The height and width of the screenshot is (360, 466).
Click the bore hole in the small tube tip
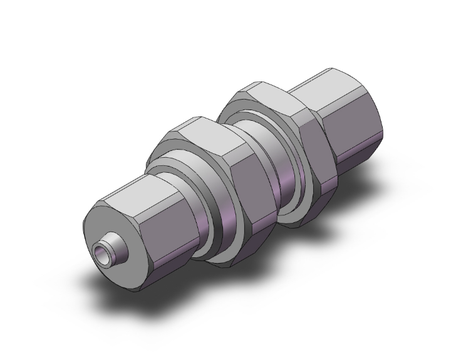(x=100, y=254)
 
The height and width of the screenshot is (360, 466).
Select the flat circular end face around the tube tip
(x=106, y=225)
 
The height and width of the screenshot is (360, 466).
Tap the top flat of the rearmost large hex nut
(x=263, y=94)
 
